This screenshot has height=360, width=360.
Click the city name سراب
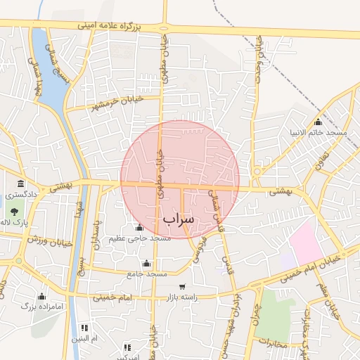tap(178, 219)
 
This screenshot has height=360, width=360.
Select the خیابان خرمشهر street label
tap(117, 103)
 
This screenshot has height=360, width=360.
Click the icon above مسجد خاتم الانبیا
tap(318, 122)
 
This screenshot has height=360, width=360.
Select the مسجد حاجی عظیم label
tap(139, 239)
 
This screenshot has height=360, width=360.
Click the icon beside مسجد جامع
tap(146, 264)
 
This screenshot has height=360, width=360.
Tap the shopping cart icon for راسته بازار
tap(183, 287)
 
